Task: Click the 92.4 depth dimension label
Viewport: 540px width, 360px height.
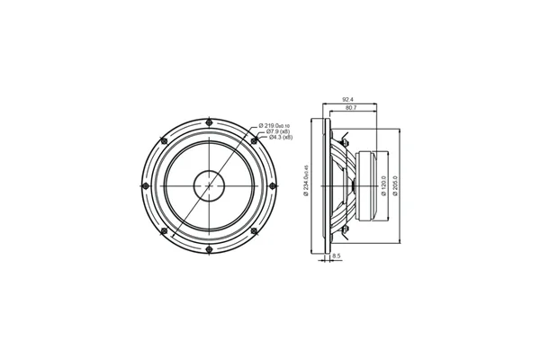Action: pyautogui.click(x=346, y=100)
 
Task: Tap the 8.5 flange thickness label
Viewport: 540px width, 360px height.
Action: pyautogui.click(x=336, y=256)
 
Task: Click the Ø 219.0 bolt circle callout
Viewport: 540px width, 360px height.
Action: pyautogui.click(x=274, y=125)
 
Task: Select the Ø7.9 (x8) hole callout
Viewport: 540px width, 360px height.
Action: pyautogui.click(x=271, y=131)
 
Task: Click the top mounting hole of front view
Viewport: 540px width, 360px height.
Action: pyautogui.click(x=209, y=121)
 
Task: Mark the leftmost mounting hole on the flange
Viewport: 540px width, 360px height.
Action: pyautogui.click(x=145, y=184)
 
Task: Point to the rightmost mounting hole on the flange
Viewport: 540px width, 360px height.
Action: pyautogui.click(x=273, y=184)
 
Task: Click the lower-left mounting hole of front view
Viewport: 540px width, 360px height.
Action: pyautogui.click(x=164, y=229)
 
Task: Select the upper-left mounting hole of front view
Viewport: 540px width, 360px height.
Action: pyautogui.click(x=164, y=139)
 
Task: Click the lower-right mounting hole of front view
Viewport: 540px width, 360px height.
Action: pyautogui.click(x=254, y=229)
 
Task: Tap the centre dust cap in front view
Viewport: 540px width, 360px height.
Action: pyautogui.click(x=209, y=184)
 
